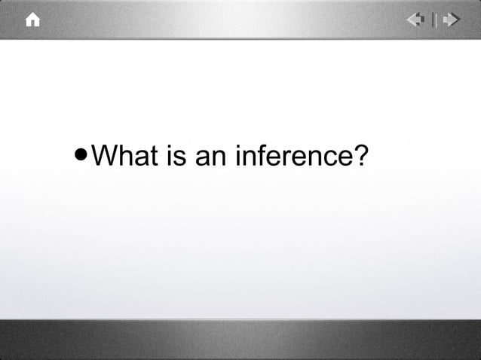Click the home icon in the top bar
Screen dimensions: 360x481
coord(32,20)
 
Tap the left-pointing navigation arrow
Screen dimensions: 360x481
coord(416,20)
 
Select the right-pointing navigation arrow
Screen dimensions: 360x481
coord(451,20)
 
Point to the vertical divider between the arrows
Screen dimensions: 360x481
coord(434,20)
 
